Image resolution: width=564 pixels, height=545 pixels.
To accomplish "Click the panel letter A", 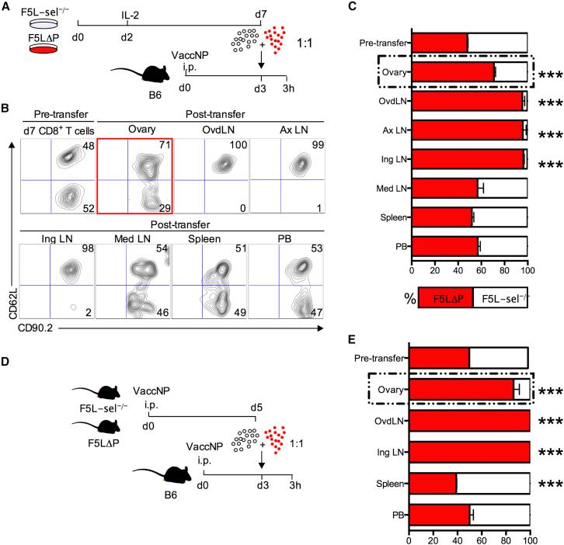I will (7, 8).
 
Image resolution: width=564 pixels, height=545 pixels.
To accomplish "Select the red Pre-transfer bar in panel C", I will (439, 42).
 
